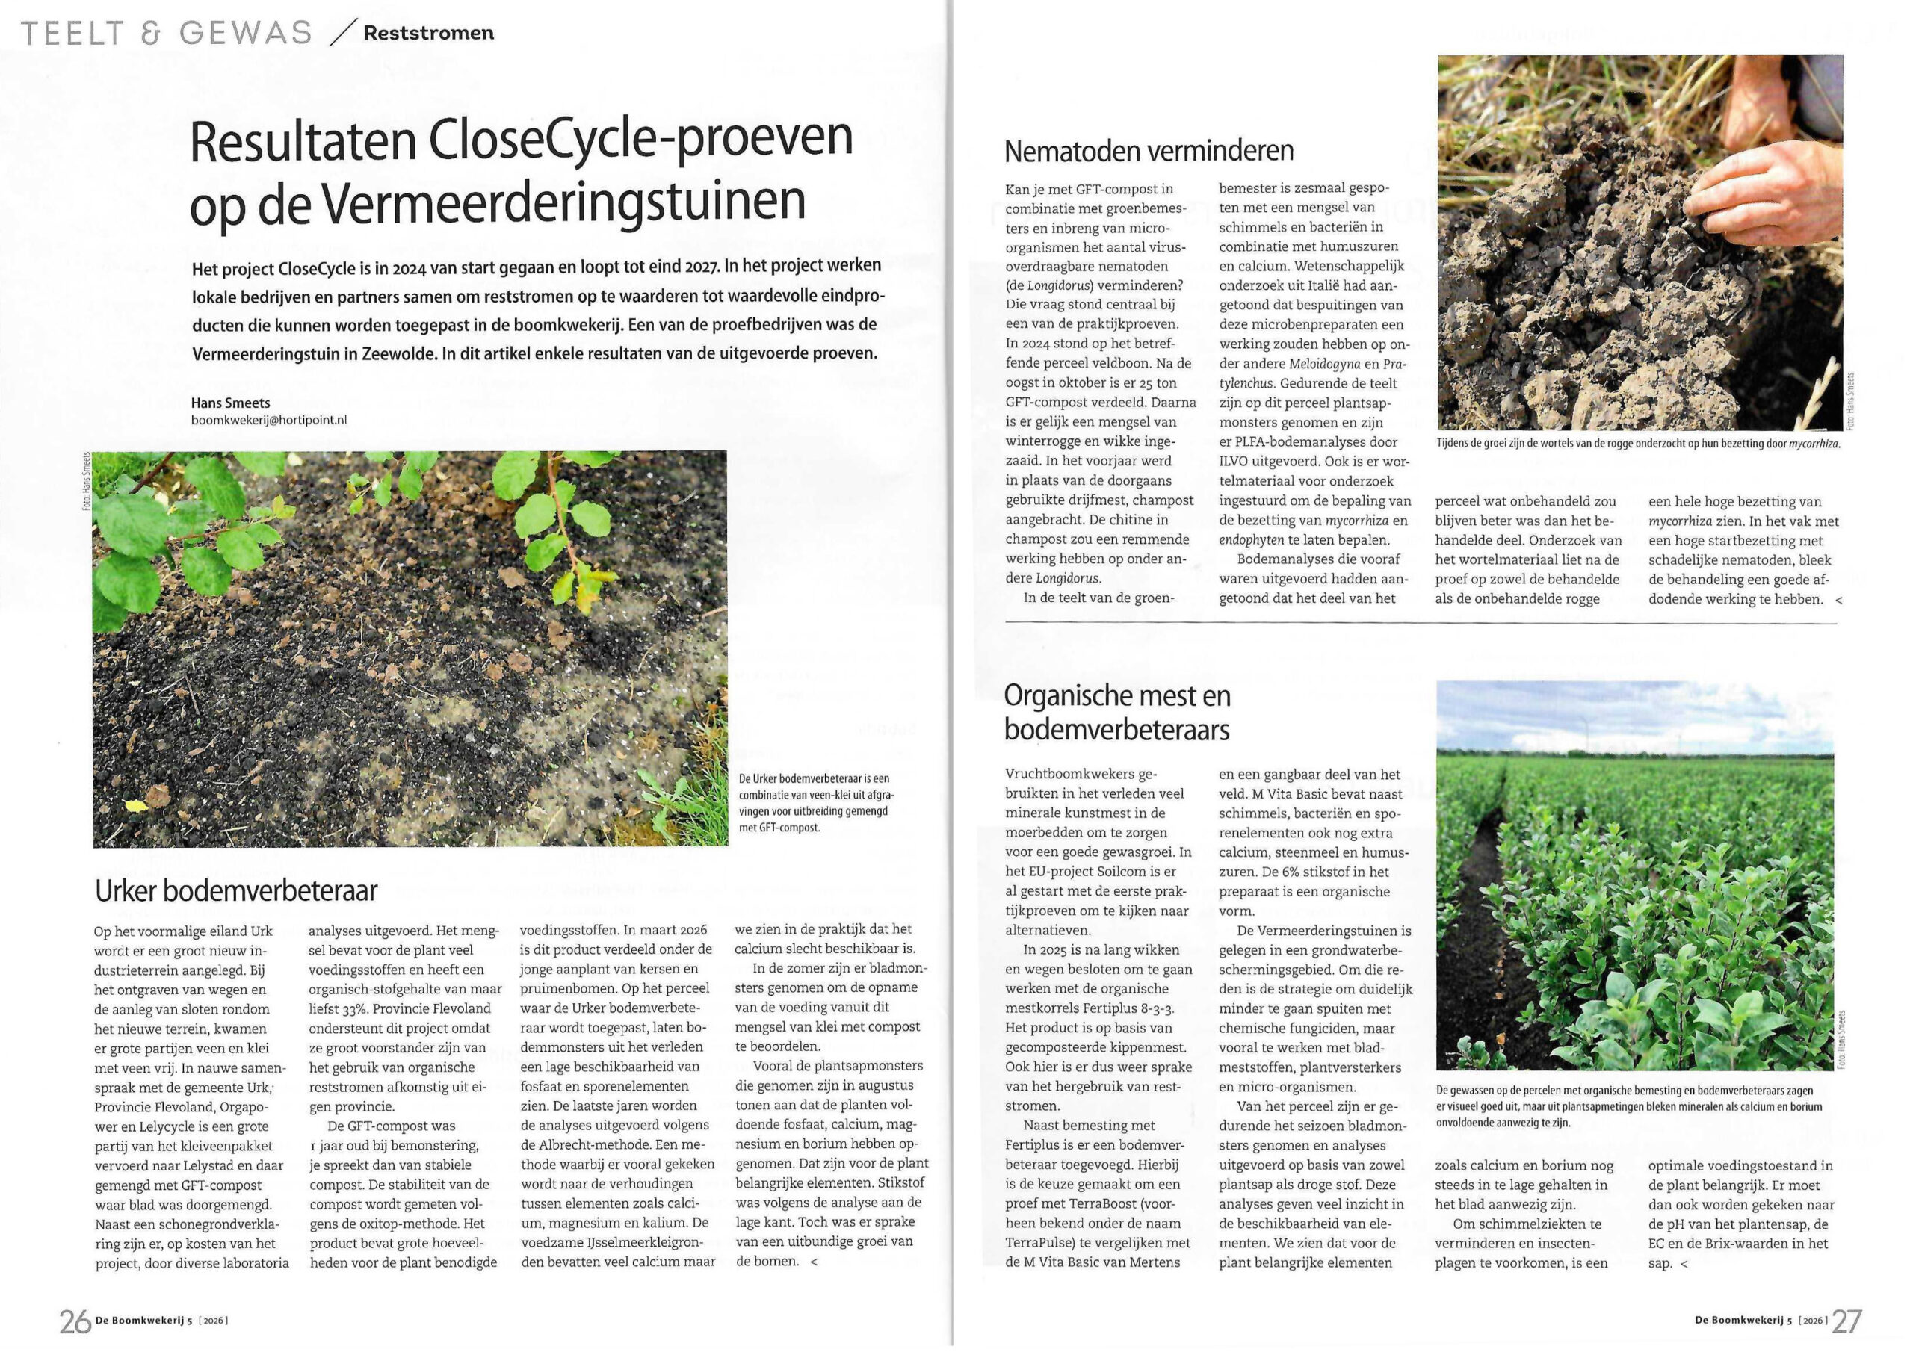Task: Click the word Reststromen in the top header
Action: [x=428, y=34]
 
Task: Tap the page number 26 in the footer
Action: [x=75, y=1321]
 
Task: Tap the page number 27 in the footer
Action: [x=1846, y=1321]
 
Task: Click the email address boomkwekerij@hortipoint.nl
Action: [x=269, y=420]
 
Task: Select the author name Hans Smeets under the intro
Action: [x=231, y=403]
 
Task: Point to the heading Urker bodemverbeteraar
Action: [x=236, y=890]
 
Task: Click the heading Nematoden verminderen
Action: [x=1148, y=151]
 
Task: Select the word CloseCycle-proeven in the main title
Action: [x=640, y=139]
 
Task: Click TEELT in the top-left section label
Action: [x=71, y=34]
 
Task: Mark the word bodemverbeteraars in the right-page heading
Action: [x=1116, y=730]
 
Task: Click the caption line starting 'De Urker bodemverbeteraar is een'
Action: [x=813, y=778]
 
